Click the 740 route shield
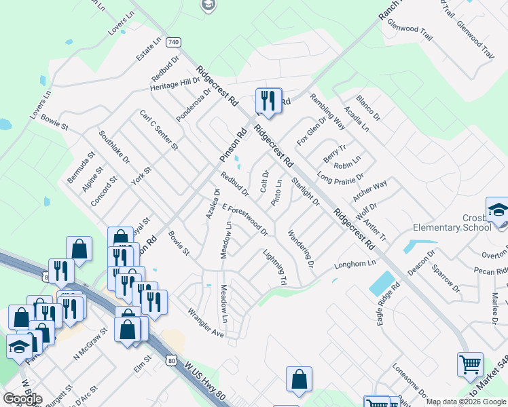[x=174, y=42]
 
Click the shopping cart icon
[x=470, y=364]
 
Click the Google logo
[x=22, y=398]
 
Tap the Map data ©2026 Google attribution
[x=467, y=402]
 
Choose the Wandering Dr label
[x=300, y=247]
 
